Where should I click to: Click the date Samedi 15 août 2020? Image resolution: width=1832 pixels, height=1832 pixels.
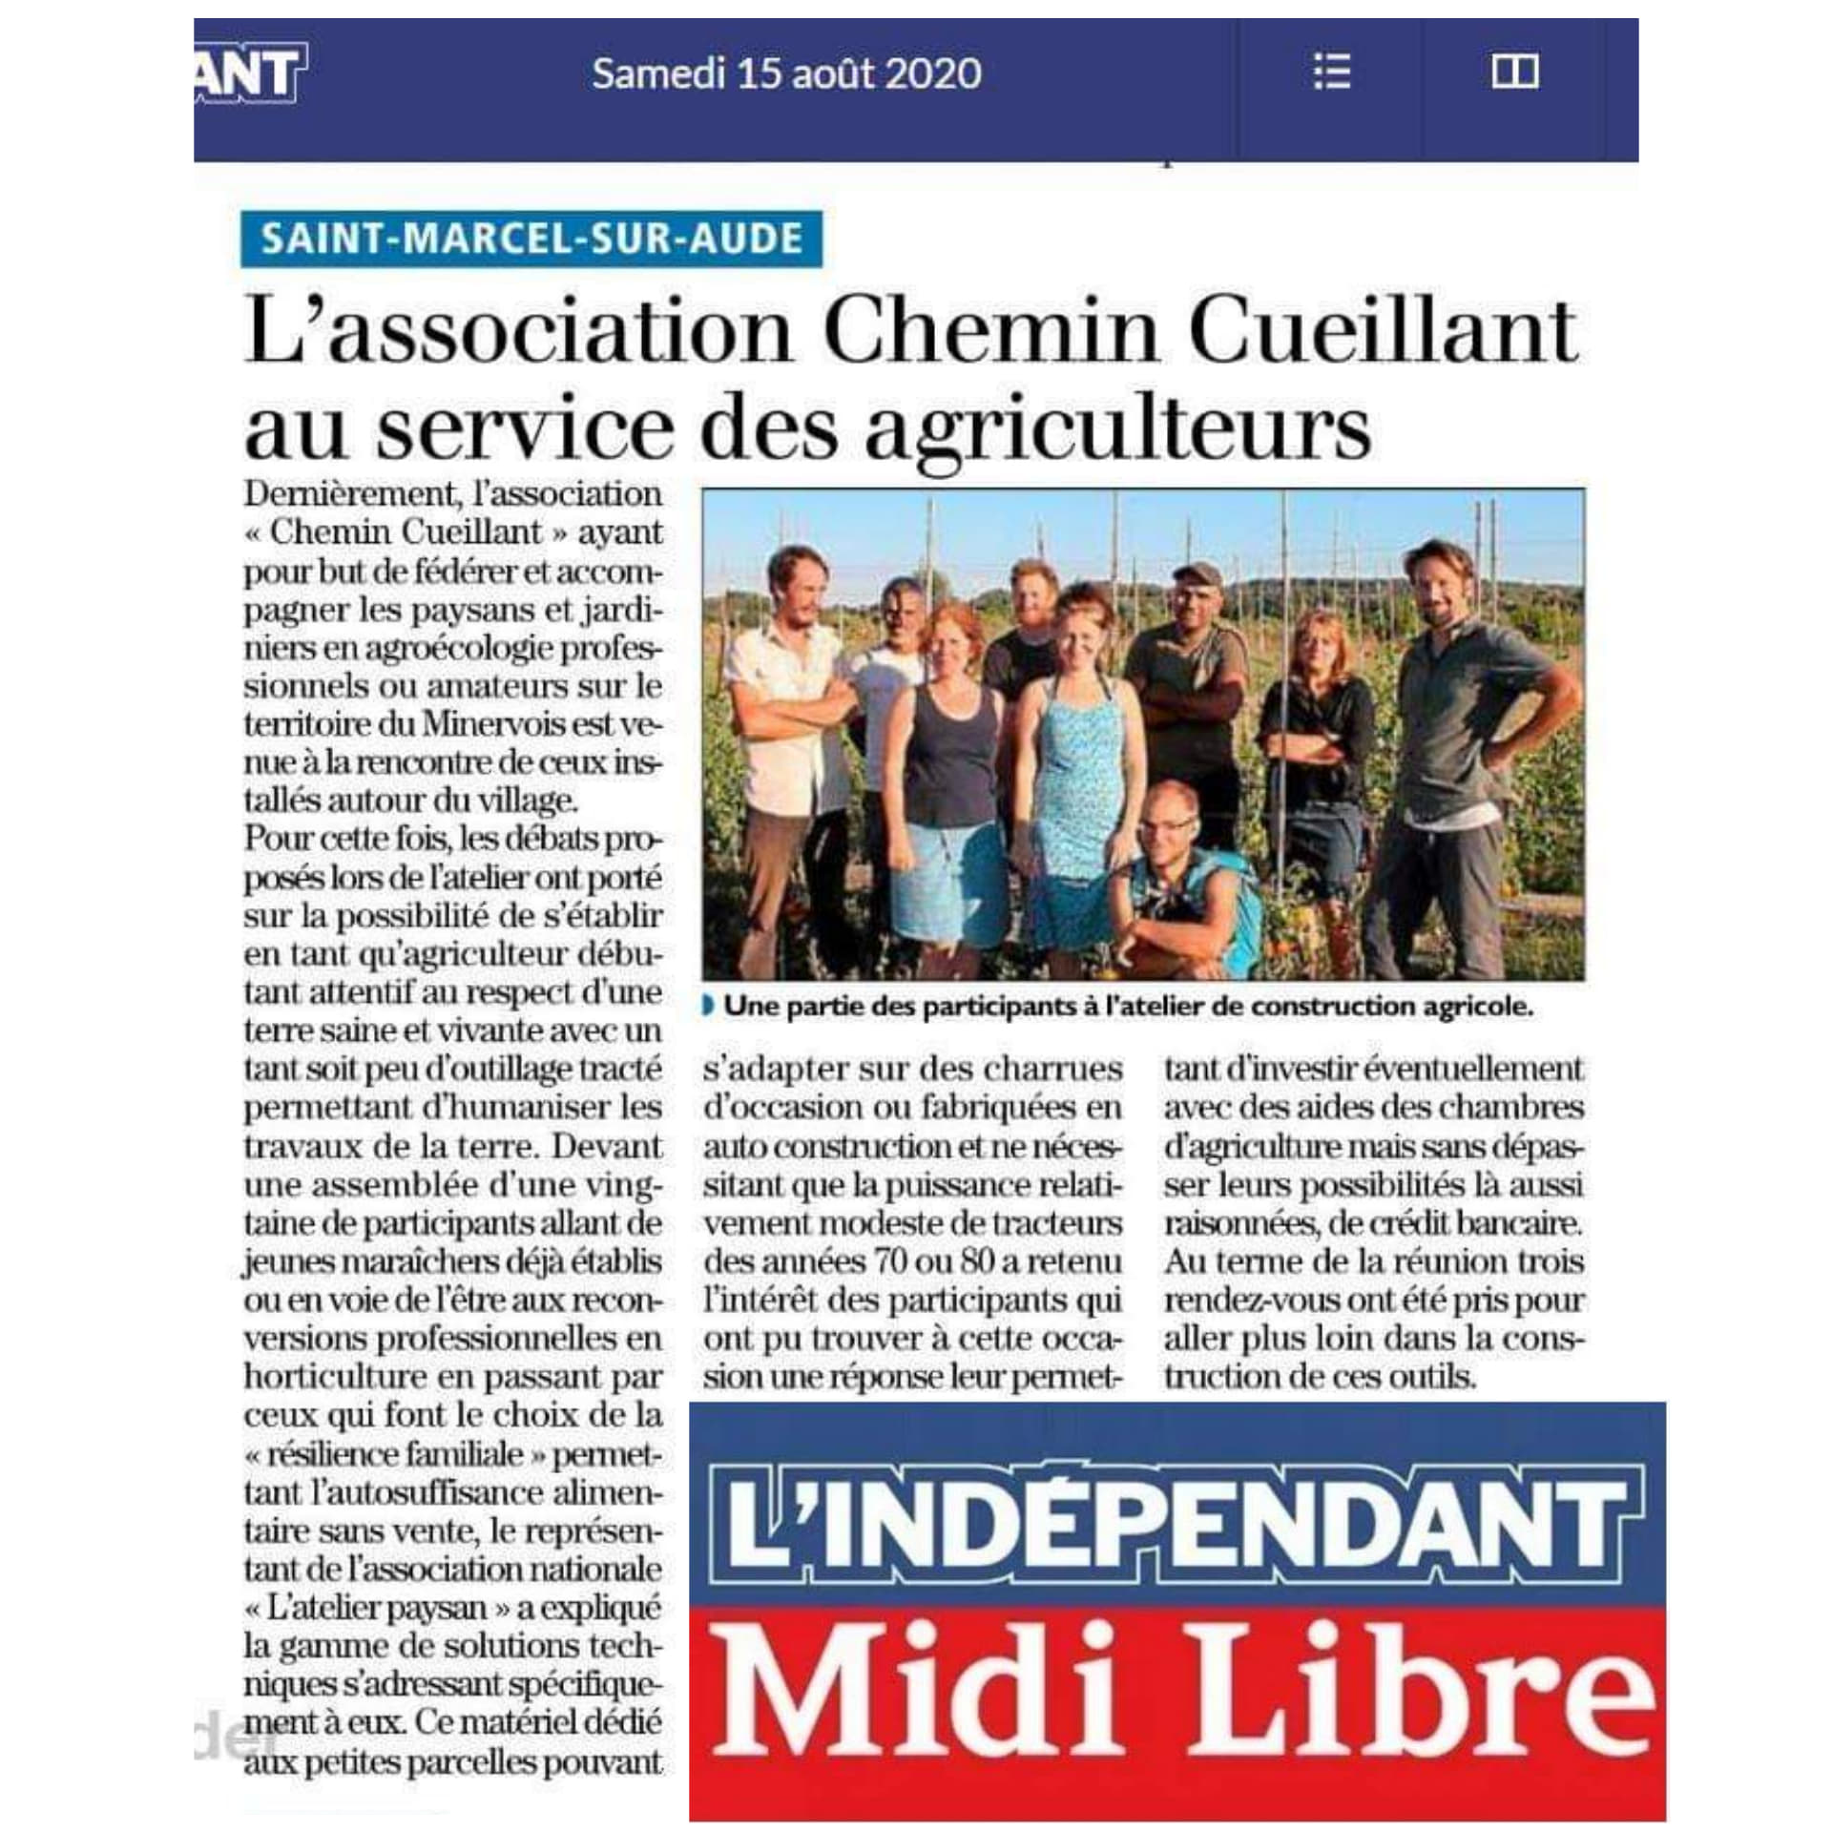pyautogui.click(x=786, y=73)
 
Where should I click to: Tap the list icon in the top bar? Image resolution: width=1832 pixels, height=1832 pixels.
pyautogui.click(x=1331, y=72)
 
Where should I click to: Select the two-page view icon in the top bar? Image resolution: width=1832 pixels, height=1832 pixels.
pyautogui.click(x=1514, y=72)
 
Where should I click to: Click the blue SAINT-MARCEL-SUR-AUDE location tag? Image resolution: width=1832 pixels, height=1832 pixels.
pyautogui.click(x=531, y=238)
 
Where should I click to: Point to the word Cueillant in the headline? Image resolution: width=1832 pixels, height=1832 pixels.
pyautogui.click(x=1384, y=332)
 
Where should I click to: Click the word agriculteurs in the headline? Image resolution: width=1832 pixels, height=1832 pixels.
pyautogui.click(x=1117, y=429)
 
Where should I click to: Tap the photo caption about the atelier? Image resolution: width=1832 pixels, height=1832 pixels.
pyautogui.click(x=1127, y=1007)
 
